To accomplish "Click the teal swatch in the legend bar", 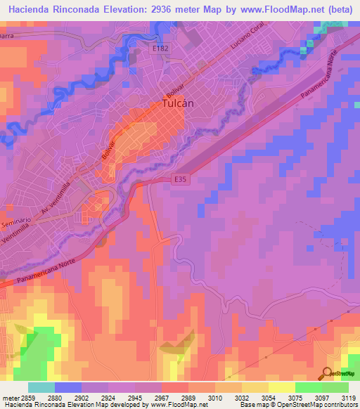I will tap(41, 387).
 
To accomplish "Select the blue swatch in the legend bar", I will tap(68, 387).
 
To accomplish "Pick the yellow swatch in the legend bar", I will tap(281, 387).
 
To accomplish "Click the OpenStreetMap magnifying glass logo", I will tap(326, 373).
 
